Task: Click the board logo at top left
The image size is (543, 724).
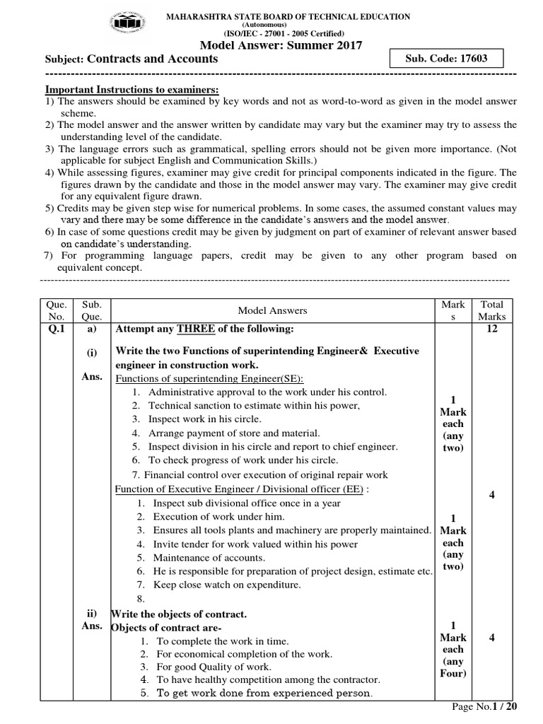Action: [134, 25]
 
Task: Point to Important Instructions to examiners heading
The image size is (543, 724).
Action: [132, 90]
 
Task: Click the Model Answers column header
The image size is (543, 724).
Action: [272, 310]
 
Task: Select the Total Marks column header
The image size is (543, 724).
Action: [491, 310]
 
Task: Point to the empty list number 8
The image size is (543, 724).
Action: [141, 597]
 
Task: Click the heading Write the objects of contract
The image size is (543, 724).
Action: [180, 614]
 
